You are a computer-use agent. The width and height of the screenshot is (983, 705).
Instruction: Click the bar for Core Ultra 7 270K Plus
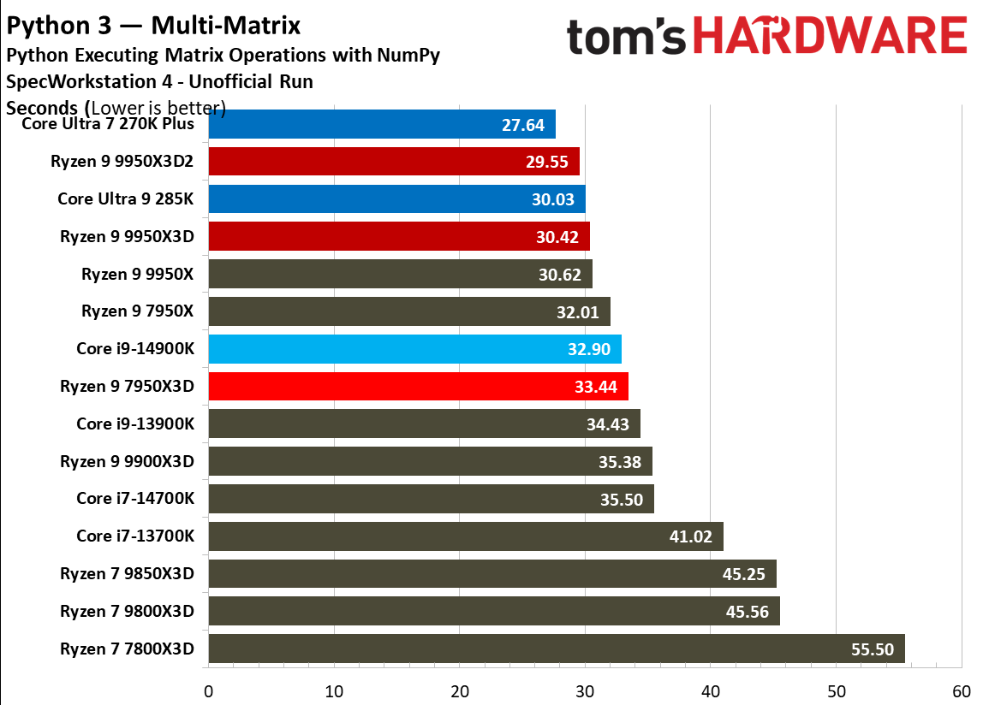382,124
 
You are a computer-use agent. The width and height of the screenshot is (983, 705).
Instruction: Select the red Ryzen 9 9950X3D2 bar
394,162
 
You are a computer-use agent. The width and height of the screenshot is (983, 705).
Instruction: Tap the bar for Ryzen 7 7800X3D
557,649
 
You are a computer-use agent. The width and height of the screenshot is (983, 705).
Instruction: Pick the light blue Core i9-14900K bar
414,349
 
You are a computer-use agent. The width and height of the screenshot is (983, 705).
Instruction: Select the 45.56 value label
748,612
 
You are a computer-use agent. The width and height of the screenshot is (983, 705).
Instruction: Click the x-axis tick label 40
711,690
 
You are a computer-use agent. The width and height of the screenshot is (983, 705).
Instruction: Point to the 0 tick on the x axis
208,690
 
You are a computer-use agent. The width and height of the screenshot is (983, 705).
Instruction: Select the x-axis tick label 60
962,690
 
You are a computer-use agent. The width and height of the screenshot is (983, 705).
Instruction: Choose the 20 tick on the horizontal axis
460,690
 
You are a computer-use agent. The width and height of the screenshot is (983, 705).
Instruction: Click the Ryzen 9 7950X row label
137,311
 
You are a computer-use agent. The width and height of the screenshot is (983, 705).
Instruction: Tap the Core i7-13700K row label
134,536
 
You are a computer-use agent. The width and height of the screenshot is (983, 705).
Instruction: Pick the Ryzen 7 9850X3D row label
127,574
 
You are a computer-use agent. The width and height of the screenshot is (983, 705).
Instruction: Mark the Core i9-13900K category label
134,424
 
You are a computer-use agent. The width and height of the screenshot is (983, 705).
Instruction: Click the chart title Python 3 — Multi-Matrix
154,27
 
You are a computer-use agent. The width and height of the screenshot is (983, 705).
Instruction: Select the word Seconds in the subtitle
43,109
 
